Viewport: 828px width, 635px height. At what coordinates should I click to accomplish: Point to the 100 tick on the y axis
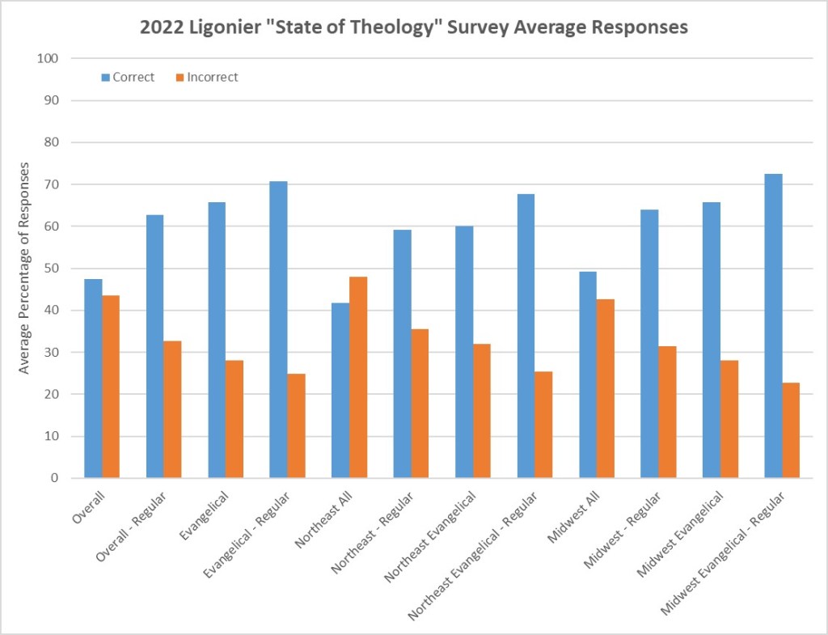[49, 58]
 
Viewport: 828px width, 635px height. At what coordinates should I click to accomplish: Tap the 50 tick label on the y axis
[52, 269]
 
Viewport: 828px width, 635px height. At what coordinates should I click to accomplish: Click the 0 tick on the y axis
[55, 478]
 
